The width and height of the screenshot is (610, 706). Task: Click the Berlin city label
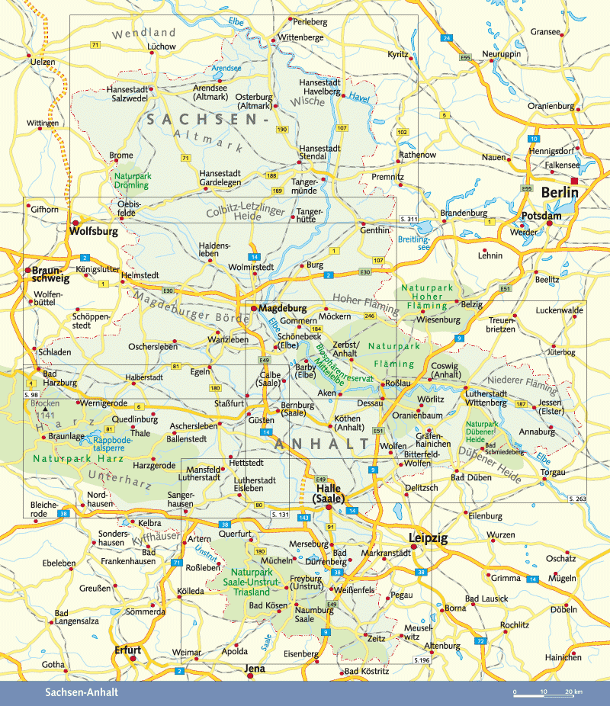(560, 193)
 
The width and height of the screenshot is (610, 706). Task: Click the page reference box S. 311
(409, 220)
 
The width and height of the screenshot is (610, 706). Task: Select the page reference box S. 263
(576, 498)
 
